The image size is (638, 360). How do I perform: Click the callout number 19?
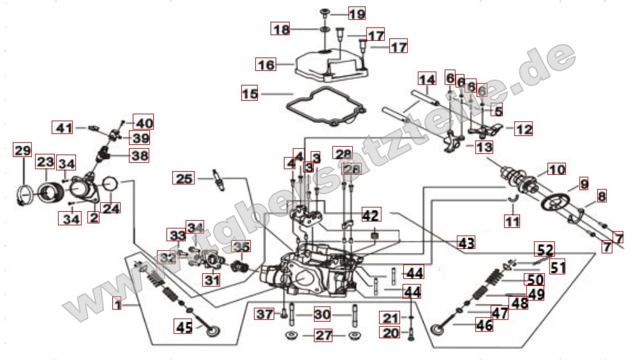[357, 13]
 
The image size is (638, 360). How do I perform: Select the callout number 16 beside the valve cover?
[265, 64]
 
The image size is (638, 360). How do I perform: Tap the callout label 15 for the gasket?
[251, 94]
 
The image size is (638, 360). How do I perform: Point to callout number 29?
[22, 151]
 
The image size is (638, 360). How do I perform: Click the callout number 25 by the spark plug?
[184, 179]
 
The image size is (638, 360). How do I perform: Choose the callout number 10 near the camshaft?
[556, 170]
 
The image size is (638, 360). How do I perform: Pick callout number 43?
[466, 243]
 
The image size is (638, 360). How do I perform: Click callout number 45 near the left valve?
[184, 328]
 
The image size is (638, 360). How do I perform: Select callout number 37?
[264, 314]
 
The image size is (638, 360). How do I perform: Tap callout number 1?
[117, 305]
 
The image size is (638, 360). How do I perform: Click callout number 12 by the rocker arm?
[523, 130]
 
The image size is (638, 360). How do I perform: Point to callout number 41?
[62, 128]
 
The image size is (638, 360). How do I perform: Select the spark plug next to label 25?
[219, 181]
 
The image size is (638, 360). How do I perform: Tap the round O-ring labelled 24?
[110, 185]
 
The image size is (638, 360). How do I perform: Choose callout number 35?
[241, 246]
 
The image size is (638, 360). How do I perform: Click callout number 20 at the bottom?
[390, 332]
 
